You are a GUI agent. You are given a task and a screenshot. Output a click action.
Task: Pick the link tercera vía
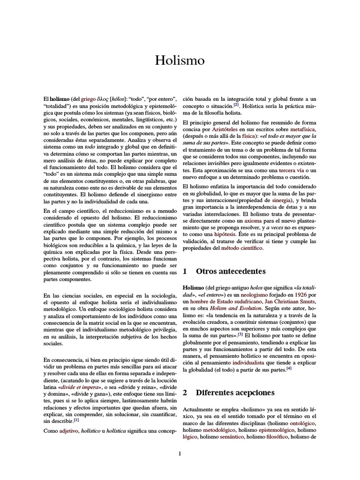292,170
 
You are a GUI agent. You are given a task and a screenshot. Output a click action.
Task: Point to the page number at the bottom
180,453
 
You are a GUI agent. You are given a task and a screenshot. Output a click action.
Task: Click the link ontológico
304,423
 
